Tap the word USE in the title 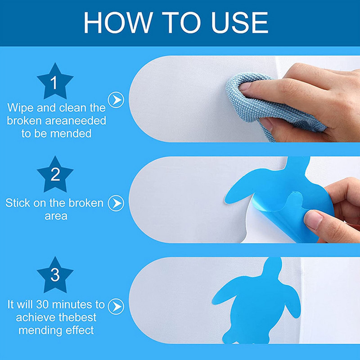(x=240, y=22)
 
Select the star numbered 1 (x=55, y=81)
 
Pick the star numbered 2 (x=55, y=175)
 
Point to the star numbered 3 (x=55, y=275)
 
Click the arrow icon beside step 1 (x=116, y=100)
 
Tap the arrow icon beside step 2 (x=116, y=203)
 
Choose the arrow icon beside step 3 (x=116, y=306)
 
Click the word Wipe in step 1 (x=20, y=108)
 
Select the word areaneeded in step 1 (x=76, y=121)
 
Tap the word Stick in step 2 (x=18, y=203)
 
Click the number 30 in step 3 (x=43, y=305)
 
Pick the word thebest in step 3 (x=77, y=317)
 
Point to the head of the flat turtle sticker (x=273, y=267)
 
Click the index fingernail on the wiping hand (x=245, y=87)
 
